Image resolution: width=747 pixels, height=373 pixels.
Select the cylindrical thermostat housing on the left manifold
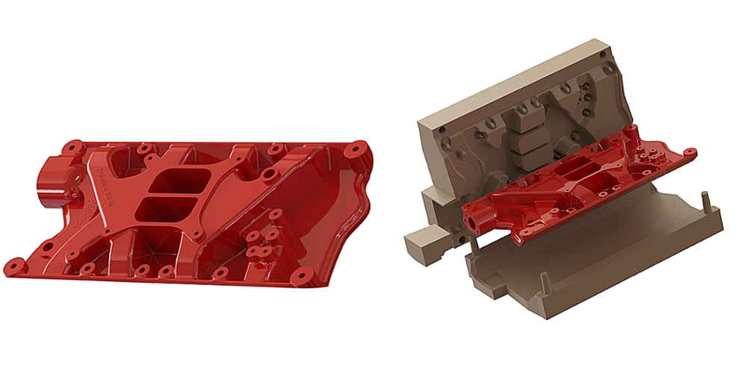point(56,183)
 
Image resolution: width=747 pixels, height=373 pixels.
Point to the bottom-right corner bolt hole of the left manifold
point(301,276)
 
